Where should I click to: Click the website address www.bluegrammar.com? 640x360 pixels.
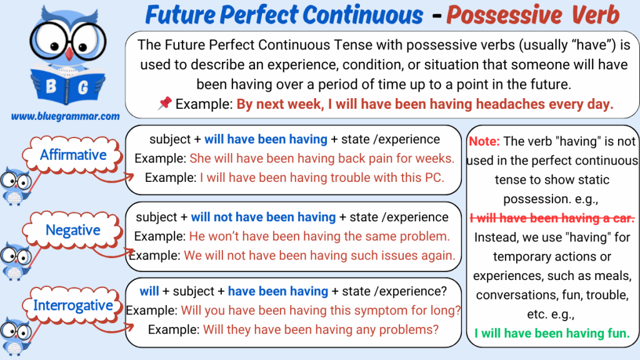tap(65, 117)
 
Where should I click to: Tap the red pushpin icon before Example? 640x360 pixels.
tap(165, 103)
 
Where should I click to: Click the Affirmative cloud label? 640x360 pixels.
tap(72, 155)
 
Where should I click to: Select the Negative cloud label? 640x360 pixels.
tap(72, 230)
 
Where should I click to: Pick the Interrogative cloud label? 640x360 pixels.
tap(72, 305)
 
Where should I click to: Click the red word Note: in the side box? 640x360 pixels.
tap(484, 141)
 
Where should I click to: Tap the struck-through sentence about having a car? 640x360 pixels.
tap(552, 218)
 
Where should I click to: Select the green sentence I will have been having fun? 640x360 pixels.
tap(552, 334)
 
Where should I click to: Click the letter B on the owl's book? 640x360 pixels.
tap(51, 86)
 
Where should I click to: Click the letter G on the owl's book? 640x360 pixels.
tap(82, 87)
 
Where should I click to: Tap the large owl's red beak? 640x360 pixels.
tap(69, 54)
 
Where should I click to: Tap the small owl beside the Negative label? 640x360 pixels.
tap(16, 260)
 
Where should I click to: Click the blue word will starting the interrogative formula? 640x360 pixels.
tap(149, 291)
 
